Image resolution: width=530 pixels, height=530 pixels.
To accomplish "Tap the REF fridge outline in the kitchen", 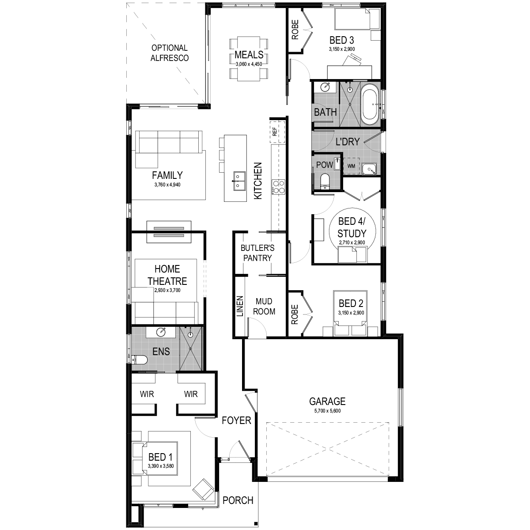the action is coord(277,132).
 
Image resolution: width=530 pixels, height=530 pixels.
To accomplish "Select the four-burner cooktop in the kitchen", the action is coord(278,187).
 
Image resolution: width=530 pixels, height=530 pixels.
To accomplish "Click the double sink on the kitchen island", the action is coord(239,181).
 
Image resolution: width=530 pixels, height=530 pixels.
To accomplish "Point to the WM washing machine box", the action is coord(351,166).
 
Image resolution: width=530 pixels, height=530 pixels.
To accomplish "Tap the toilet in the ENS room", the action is coord(140,360).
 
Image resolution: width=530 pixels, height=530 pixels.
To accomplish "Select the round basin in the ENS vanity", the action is coord(161,332).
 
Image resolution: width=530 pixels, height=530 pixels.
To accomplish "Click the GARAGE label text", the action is coord(327,401).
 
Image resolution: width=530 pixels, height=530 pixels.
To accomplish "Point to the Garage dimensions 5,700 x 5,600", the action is coord(327,411).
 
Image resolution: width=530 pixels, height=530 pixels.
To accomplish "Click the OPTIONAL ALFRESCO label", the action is coord(170,53).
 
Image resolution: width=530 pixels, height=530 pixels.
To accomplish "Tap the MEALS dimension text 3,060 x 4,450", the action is coord(249,64).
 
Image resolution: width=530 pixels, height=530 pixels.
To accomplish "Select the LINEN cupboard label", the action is coord(240,306).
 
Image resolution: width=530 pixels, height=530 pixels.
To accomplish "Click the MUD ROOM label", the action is coord(264,307).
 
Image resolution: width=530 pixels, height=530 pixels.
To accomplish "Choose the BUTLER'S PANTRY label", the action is coord(257,253).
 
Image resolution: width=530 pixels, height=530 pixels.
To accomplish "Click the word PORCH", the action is coord(238,500).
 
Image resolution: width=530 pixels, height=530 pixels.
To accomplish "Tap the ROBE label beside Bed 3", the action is coord(295,30).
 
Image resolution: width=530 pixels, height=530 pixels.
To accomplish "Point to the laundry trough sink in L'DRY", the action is coord(369,169).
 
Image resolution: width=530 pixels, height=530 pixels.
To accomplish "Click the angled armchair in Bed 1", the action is coord(203,489).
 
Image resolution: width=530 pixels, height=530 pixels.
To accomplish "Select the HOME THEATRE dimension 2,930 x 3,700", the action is coord(167,290).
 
